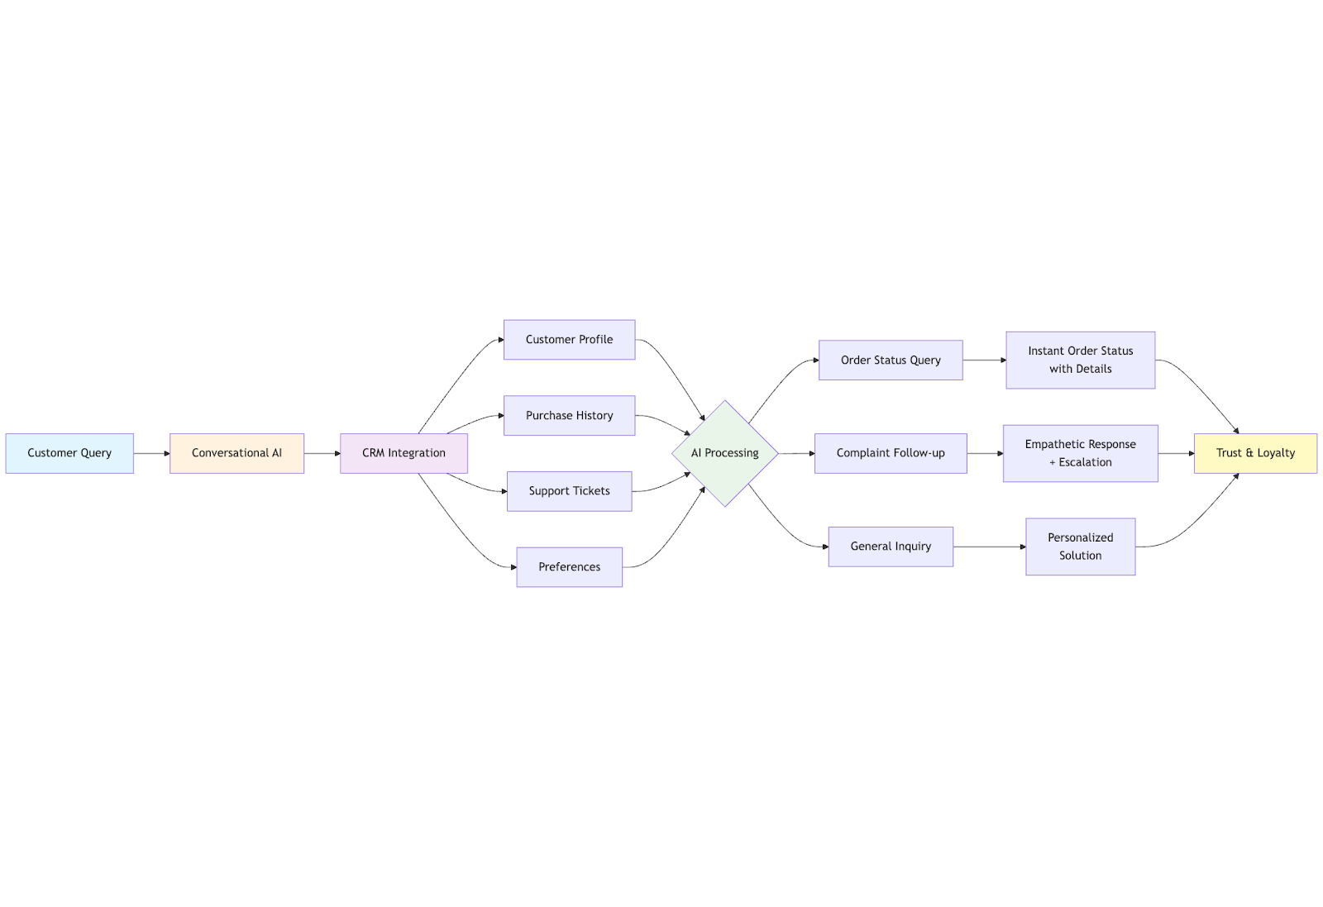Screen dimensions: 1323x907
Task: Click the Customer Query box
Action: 69,453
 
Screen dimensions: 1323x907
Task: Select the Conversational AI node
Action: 236,453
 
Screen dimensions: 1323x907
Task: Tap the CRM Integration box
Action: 404,453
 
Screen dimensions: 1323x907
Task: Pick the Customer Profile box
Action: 570,340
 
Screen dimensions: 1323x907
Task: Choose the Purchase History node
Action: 570,416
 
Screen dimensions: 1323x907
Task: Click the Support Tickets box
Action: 570,491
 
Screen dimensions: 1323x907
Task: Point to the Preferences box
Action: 570,567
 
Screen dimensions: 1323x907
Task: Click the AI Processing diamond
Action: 725,453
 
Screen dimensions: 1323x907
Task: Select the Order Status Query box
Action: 891,360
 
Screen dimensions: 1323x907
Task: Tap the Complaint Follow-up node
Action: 891,453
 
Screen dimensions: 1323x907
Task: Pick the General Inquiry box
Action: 891,547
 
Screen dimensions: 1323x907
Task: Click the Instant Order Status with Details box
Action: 1081,360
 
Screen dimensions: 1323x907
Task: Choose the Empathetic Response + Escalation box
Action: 1081,453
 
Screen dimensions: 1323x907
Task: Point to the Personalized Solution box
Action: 1081,547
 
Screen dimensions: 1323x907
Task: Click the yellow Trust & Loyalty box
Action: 1256,453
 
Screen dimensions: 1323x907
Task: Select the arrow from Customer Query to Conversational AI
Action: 152,453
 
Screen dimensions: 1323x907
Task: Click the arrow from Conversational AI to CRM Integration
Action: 322,453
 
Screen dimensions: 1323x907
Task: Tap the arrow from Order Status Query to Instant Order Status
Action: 985,360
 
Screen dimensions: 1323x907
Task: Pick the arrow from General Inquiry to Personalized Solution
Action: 989,547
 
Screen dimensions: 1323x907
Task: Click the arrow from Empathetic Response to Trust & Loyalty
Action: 1176,453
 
